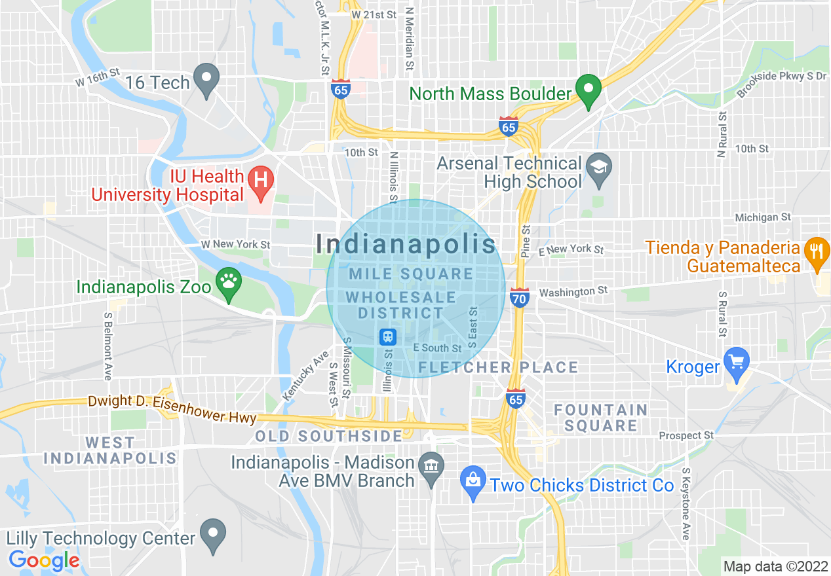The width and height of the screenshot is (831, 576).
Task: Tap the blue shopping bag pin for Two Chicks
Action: (473, 482)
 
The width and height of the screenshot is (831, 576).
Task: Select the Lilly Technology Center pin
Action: (212, 534)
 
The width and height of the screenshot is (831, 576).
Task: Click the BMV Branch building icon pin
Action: (431, 468)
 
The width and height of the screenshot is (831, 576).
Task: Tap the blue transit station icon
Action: (388, 337)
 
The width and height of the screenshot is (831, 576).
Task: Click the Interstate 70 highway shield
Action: (519, 298)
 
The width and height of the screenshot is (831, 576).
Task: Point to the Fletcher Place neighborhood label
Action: (498, 368)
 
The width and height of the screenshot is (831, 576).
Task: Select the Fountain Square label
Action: (600, 418)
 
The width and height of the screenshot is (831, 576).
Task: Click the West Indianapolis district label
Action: (110, 450)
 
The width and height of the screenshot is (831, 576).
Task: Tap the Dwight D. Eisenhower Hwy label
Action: (172, 408)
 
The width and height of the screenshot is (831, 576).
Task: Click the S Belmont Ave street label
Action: (107, 346)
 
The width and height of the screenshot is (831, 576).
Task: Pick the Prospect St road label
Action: (686, 435)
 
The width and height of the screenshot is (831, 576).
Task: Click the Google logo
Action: (44, 560)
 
